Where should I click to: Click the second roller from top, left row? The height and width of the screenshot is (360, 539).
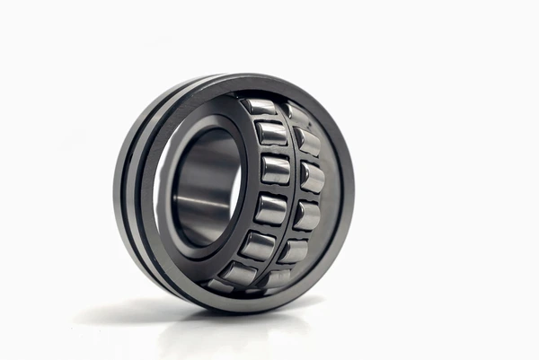click(271, 134)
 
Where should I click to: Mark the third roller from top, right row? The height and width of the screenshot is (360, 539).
click(312, 176)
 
